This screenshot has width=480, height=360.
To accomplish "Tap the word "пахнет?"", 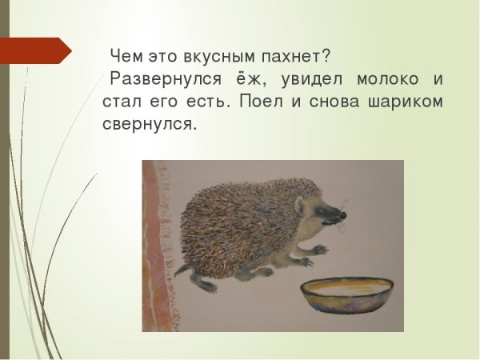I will tap(296, 58).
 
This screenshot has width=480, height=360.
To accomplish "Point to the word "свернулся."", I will tap(149, 126).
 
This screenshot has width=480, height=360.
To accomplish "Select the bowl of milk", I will tap(347, 297).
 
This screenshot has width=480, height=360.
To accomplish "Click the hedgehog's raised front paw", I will tap(318, 250).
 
